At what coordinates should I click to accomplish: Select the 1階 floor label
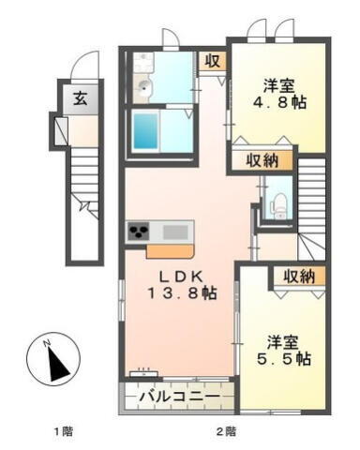[62, 432]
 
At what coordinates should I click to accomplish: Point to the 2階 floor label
[226, 432]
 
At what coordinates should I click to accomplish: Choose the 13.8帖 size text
[181, 293]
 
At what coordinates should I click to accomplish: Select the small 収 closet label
[214, 62]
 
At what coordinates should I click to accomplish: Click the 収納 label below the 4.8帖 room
[263, 160]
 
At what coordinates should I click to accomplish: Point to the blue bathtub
[148, 131]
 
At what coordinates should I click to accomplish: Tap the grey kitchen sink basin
[175, 231]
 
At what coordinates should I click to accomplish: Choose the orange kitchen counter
[157, 250]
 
